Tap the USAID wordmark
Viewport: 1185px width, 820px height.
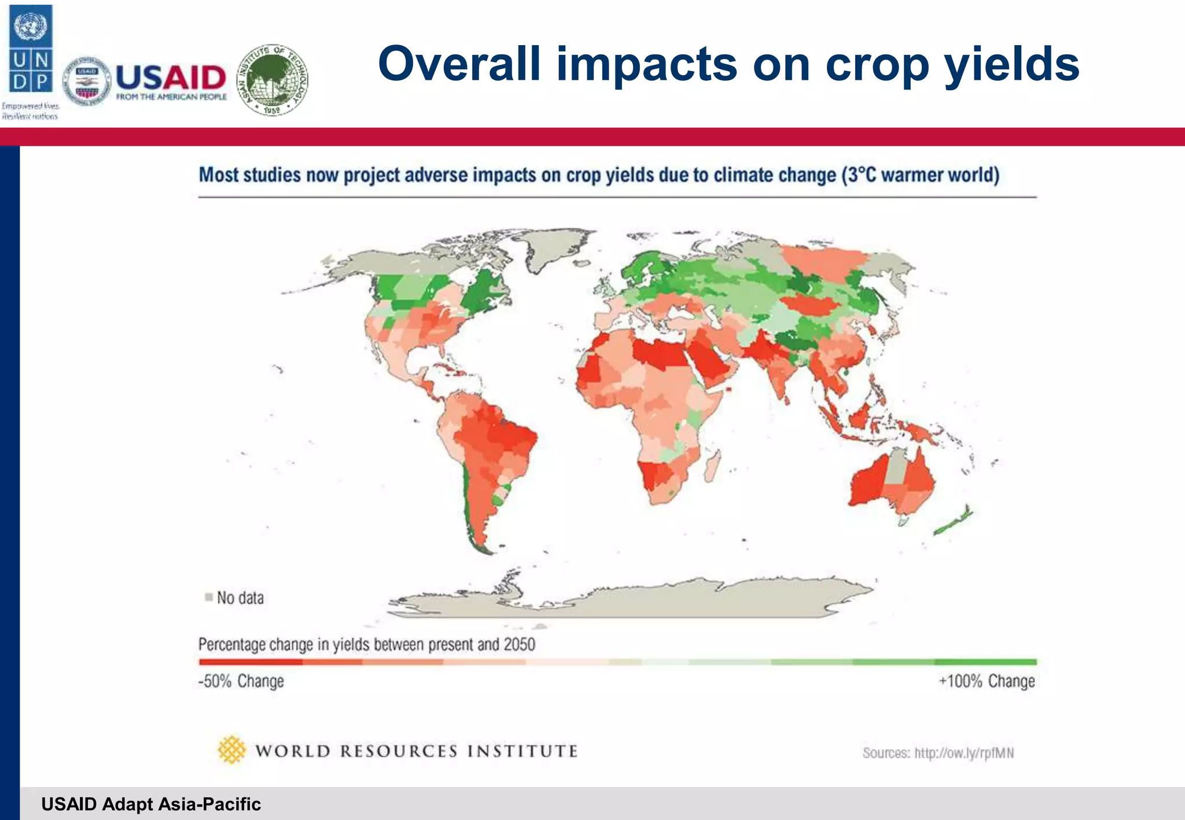click(x=171, y=77)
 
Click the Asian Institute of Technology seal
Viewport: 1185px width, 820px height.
click(x=273, y=80)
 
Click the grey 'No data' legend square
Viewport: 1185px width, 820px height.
click(x=209, y=597)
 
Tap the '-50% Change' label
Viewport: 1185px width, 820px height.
click(x=241, y=681)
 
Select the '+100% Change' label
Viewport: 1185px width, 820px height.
click(x=987, y=681)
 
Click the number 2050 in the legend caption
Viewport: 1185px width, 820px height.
click(x=519, y=644)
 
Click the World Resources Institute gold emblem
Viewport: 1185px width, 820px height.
click(x=231, y=749)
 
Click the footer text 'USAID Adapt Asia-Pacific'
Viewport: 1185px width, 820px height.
click(x=151, y=804)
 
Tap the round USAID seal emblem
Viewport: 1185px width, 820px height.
click(x=87, y=82)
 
